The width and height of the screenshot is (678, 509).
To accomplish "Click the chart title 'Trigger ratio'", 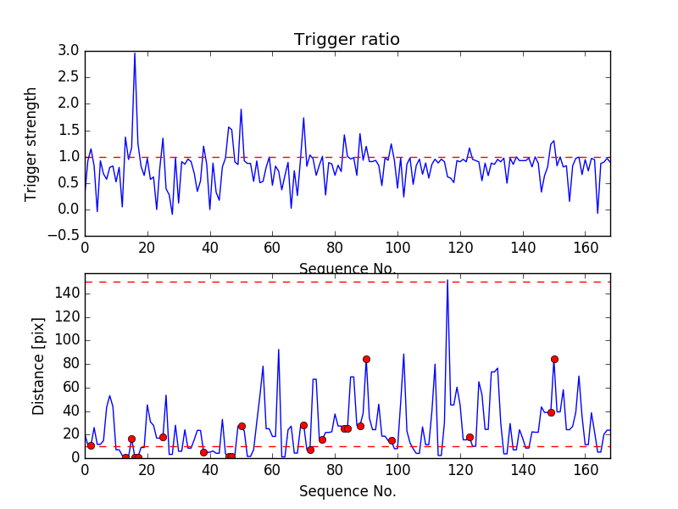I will tap(347, 40).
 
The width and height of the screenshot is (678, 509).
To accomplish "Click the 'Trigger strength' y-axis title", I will tap(31, 143).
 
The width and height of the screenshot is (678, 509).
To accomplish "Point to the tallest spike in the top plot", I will tap(135, 53).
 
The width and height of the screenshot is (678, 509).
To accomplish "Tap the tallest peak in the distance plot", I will tap(447, 280).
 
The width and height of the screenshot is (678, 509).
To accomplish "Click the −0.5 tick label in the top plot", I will tap(63, 236).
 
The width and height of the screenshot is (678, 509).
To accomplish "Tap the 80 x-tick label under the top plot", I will tap(335, 249).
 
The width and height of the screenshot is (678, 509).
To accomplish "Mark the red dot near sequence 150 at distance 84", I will tap(554, 359).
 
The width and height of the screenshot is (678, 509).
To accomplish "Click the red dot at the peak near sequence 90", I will tap(366, 359).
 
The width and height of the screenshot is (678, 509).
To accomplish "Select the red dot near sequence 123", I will tap(470, 437).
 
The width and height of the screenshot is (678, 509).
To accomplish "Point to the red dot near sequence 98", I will tap(392, 440).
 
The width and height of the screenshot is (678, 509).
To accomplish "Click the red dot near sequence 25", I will tap(163, 437).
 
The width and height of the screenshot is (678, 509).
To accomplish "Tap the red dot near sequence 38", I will tap(203, 452).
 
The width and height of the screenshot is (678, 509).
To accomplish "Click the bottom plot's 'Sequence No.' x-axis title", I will tap(347, 491).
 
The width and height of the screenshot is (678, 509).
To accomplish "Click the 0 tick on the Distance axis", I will tap(75, 457).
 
